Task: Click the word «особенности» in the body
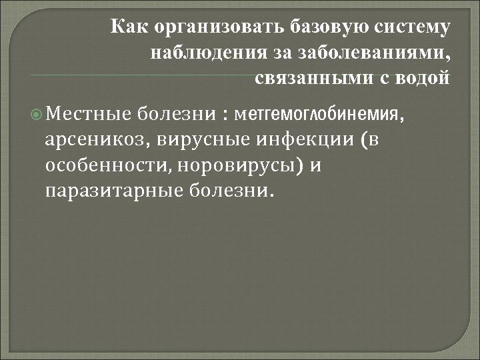point(105,166)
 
